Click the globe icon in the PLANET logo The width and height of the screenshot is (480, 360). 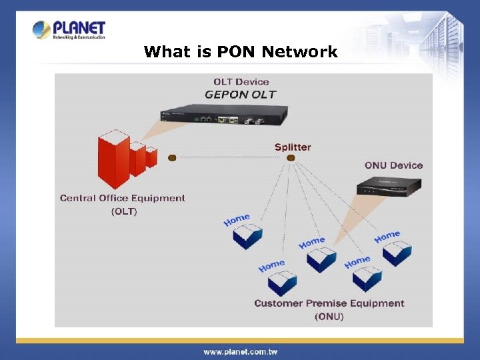click(41, 29)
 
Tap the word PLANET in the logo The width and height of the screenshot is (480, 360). click(79, 27)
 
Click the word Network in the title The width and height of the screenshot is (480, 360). click(300, 51)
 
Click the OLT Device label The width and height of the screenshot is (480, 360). click(241, 82)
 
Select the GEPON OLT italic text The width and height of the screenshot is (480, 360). click(240, 95)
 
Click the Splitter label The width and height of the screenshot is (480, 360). click(293, 147)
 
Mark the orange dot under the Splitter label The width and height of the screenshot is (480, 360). click(291, 158)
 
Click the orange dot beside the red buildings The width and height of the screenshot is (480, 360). click(172, 158)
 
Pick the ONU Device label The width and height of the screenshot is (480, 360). click(393, 165)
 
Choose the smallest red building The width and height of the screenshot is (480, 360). click(151, 157)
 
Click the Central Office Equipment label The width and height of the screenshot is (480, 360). click(123, 198)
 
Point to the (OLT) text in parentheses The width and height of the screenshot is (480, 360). click(123, 211)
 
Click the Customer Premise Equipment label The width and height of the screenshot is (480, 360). click(329, 303)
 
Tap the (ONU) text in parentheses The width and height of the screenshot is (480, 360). click(329, 316)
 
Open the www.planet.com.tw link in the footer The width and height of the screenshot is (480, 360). click(241, 351)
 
